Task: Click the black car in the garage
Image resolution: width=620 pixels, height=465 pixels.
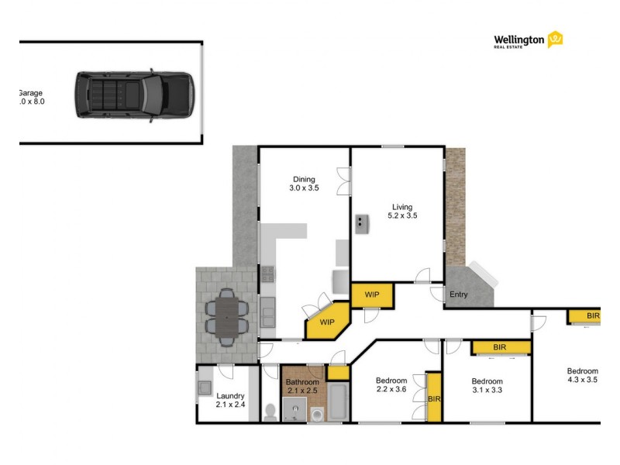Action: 133,95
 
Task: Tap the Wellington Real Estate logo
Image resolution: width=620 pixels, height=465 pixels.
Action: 528,40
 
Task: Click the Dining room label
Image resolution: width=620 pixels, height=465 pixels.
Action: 304,184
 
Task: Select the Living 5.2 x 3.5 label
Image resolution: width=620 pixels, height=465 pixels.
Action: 404,211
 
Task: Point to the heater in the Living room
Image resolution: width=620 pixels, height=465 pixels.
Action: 361,224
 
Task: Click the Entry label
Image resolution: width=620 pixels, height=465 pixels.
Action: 459,294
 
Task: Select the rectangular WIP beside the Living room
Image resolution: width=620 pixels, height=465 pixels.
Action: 373,295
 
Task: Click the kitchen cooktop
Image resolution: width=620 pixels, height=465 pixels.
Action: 267,274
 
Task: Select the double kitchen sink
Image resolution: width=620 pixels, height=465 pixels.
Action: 267,314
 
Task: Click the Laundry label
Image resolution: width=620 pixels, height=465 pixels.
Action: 230,399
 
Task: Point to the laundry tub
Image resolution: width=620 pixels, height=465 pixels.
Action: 205,386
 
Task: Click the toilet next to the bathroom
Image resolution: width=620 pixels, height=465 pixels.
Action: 269,411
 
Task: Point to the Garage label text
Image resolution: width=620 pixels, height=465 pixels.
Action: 31,97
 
